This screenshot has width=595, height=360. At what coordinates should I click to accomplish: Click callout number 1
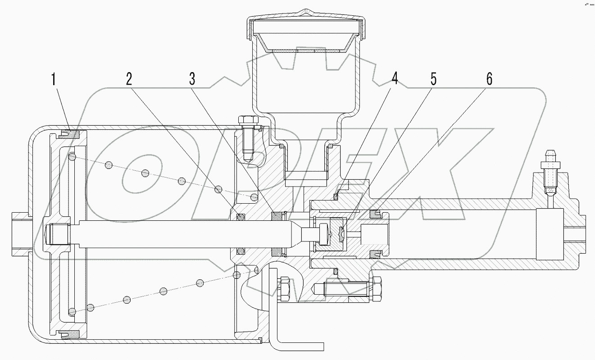pyautogui.click(x=54, y=80)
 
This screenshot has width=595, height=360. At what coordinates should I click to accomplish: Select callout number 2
pyautogui.click(x=129, y=79)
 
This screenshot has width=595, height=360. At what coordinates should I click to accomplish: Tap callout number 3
pyautogui.click(x=192, y=79)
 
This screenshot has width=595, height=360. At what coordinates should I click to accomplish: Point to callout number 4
pyautogui.click(x=395, y=79)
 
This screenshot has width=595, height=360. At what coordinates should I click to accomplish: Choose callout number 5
pyautogui.click(x=433, y=79)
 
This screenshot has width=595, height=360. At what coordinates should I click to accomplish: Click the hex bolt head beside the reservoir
pyautogui.click(x=247, y=120)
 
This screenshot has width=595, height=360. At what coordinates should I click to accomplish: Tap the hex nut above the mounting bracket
pyautogui.click(x=285, y=289)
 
